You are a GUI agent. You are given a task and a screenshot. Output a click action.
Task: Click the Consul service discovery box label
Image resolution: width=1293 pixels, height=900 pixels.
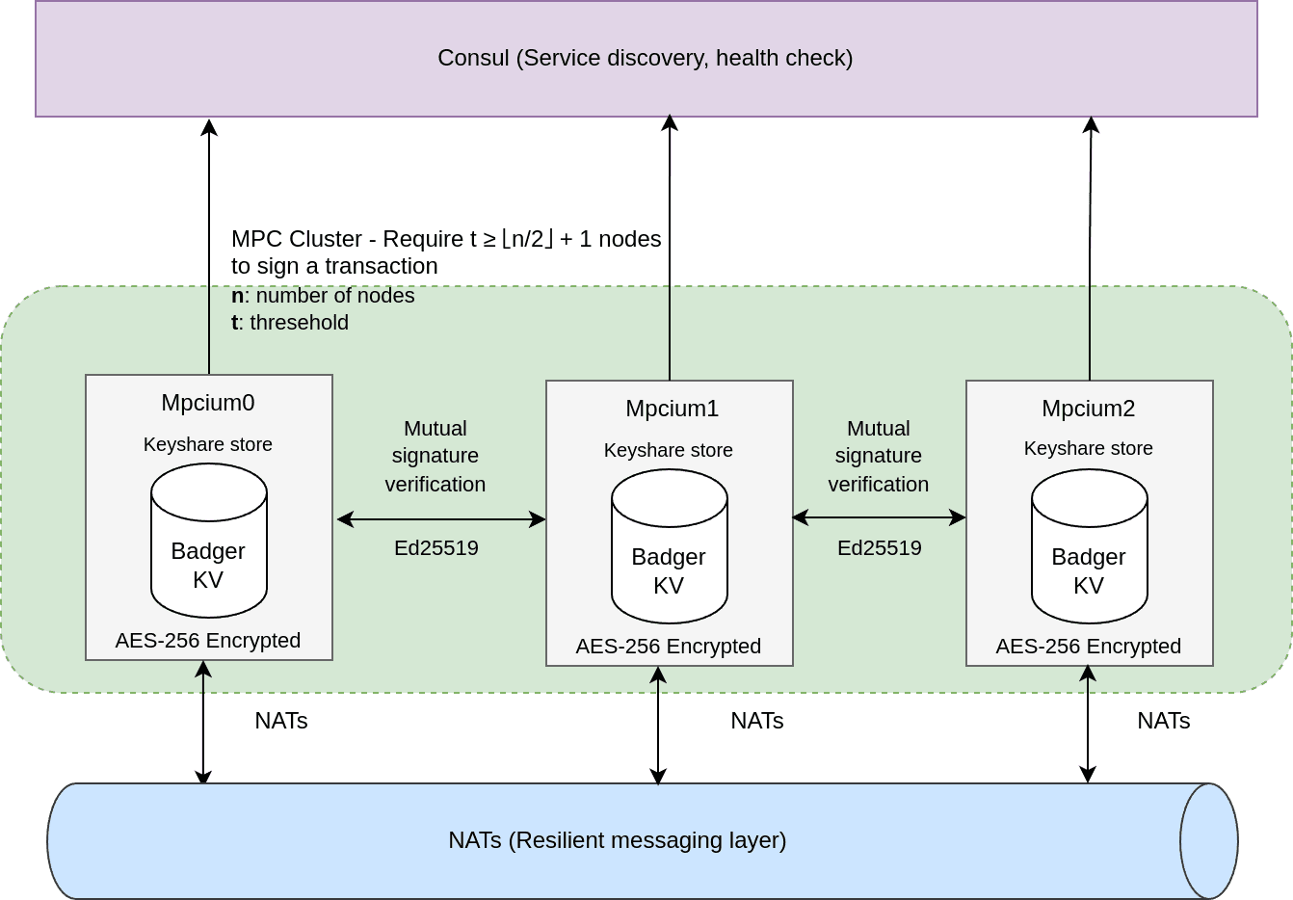click(x=645, y=58)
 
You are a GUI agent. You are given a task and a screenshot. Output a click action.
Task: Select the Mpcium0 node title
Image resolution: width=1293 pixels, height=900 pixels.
click(x=208, y=403)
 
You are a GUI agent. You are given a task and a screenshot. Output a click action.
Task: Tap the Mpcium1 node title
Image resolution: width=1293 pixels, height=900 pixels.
click(x=672, y=409)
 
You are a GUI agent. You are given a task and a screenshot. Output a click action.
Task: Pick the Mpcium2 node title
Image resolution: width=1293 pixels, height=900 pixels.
click(x=1088, y=409)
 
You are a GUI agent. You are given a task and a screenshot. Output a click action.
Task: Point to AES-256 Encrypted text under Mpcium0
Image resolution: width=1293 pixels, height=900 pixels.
click(x=208, y=641)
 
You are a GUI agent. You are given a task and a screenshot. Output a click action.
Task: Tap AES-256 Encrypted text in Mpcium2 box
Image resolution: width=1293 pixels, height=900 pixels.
click(x=1088, y=647)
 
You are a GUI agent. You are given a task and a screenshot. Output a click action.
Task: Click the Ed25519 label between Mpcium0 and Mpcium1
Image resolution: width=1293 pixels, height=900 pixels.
click(x=435, y=548)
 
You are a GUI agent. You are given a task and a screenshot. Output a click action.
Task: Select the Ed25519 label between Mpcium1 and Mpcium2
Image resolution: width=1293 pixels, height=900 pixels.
click(x=879, y=548)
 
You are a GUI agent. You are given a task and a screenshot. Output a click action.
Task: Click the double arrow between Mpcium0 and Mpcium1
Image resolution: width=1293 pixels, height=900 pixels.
click(x=441, y=519)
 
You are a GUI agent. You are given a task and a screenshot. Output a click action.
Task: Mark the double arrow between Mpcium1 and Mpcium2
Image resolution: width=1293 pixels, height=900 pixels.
click(x=879, y=517)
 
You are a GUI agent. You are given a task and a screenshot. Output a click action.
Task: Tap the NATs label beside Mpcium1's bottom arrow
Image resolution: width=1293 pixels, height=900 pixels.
click(x=756, y=721)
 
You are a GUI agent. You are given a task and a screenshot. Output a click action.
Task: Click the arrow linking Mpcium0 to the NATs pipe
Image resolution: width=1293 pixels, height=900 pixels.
click(x=203, y=723)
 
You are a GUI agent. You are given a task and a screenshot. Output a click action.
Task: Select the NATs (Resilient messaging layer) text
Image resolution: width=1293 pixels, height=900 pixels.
click(x=617, y=840)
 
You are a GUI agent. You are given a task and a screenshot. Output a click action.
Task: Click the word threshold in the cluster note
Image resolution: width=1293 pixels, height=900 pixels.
click(x=299, y=323)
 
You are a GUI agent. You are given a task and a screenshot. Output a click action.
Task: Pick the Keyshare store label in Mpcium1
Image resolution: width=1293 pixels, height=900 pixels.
click(x=668, y=450)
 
